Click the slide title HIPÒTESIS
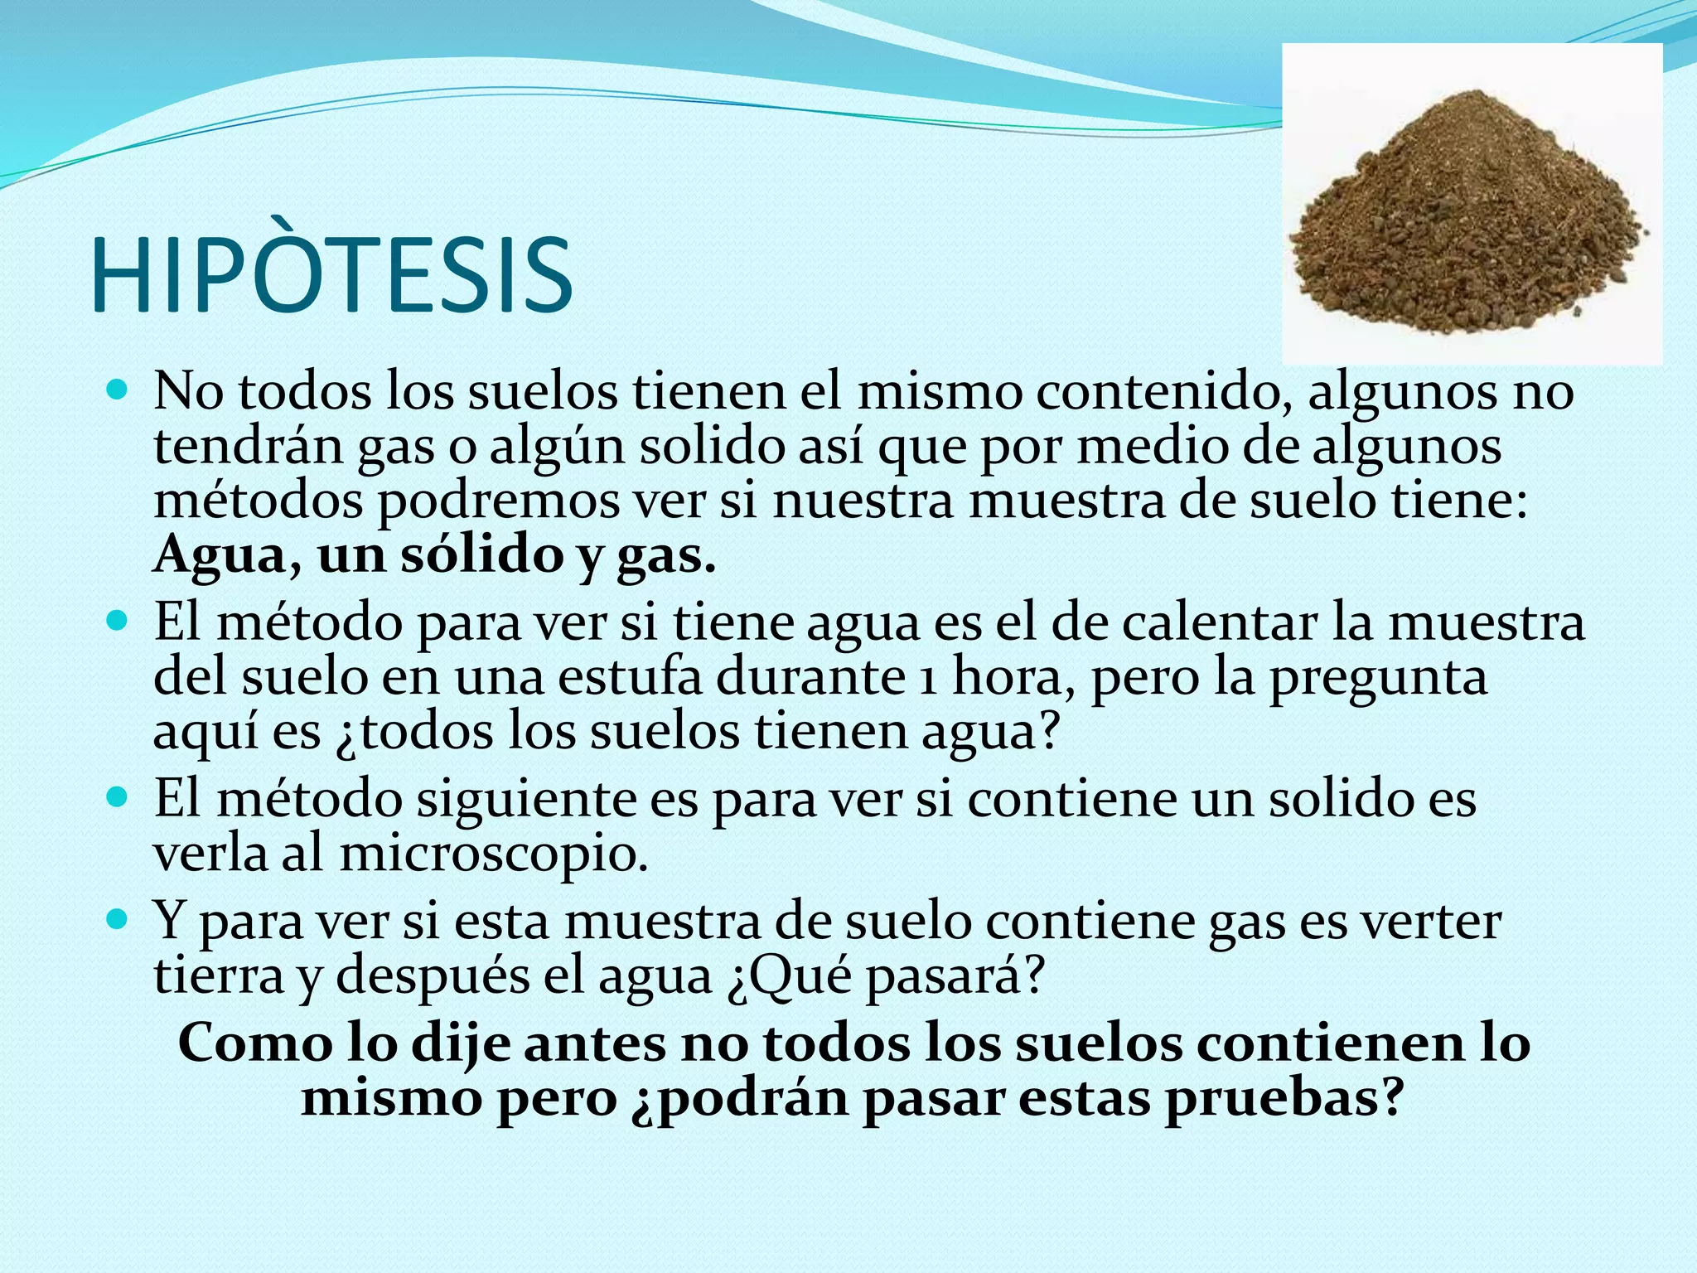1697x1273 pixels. (331, 274)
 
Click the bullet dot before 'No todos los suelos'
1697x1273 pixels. (118, 388)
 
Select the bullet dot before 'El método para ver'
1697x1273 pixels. (118, 619)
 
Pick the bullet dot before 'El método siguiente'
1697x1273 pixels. (118, 797)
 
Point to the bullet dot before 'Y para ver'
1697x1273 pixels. (118, 918)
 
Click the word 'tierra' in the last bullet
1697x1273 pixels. (219, 975)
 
